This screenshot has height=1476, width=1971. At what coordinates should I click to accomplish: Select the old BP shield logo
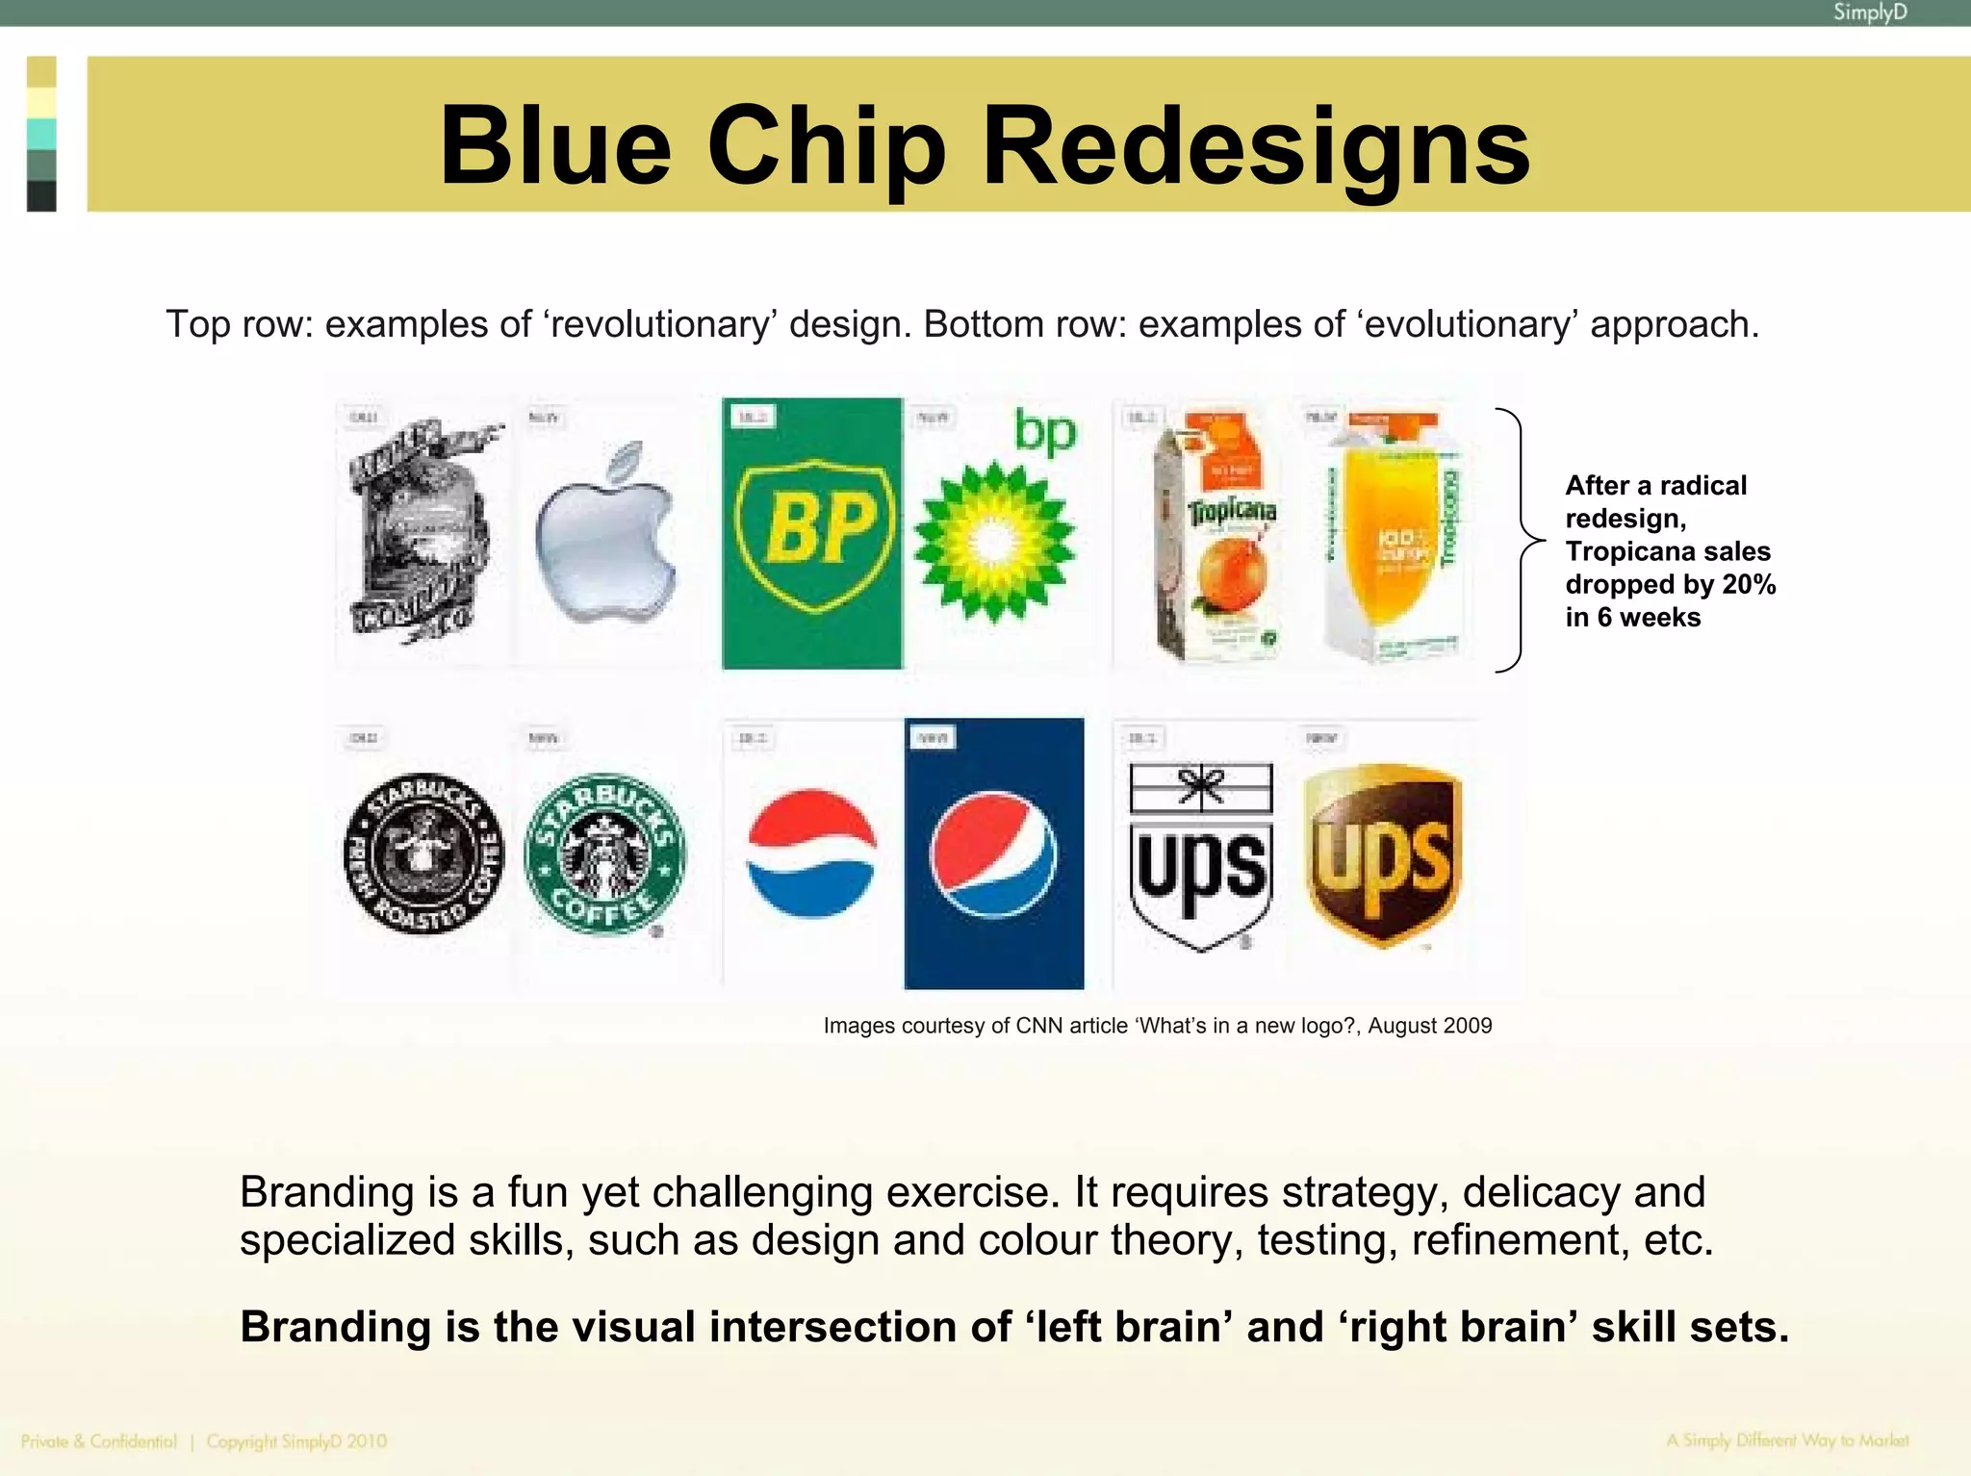coord(813,534)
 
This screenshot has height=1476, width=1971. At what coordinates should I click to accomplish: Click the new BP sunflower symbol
coord(993,542)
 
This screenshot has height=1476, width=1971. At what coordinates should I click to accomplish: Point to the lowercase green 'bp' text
coord(1045,432)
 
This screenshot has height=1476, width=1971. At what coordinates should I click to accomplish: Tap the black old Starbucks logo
coord(423,853)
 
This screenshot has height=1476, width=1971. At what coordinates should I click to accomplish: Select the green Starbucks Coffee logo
coord(604,853)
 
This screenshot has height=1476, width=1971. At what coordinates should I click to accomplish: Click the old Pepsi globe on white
coord(811,853)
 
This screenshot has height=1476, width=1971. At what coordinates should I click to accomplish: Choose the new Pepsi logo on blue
coord(993,854)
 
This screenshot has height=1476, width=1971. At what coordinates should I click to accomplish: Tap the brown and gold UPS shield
coord(1383,854)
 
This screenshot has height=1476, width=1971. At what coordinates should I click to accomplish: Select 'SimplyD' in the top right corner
coord(1869,13)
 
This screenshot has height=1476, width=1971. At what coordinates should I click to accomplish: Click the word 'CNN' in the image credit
coord(1042,1026)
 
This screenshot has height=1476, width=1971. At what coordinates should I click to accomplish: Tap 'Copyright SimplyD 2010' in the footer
coord(296,1441)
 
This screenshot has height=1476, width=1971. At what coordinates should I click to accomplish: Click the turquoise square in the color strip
coord(41,133)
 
